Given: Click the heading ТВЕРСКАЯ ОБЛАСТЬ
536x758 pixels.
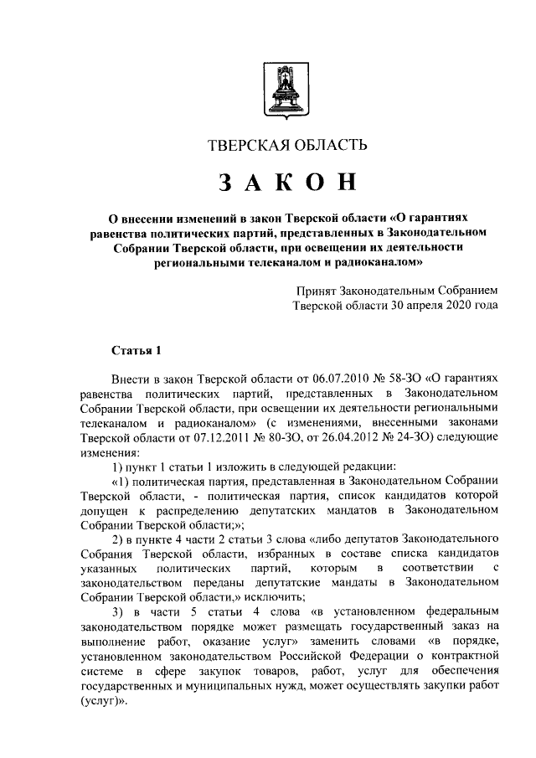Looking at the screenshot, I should tap(287, 146).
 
